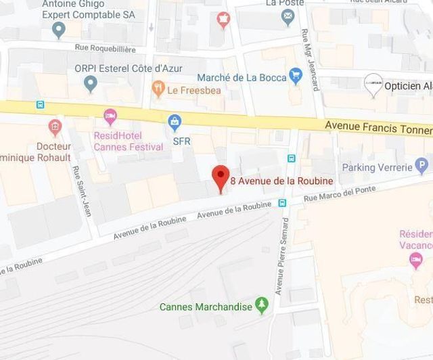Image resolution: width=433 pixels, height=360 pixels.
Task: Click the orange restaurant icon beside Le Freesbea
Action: tap(158, 89)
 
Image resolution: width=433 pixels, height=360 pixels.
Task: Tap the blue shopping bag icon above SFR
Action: tap(175, 122)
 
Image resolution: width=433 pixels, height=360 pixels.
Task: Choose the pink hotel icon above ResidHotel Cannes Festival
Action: tap(110, 116)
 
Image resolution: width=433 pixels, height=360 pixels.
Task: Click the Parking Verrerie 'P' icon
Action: tap(422, 166)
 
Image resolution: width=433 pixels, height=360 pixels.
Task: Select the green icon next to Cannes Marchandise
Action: tap(262, 306)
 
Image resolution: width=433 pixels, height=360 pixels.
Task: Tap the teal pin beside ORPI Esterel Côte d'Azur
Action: tap(91, 84)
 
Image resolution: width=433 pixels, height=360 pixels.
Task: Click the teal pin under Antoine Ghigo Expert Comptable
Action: tap(59, 29)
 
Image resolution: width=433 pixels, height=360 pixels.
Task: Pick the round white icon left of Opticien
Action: tap(372, 85)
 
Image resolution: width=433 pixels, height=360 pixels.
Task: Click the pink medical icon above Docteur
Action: tap(55, 127)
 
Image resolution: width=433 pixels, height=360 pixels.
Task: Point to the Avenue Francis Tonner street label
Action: tap(378, 127)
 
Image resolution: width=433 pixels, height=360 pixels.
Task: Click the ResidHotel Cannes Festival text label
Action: tap(128, 141)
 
